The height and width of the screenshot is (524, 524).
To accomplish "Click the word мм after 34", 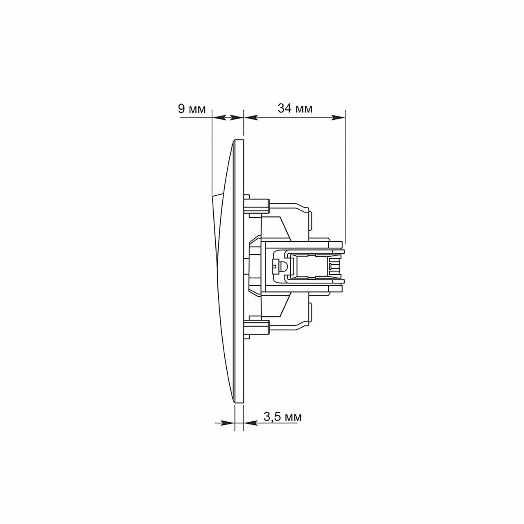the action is pyautogui.click(x=304, y=110).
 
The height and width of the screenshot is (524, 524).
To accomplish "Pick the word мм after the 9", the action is pyautogui.click(x=196, y=110).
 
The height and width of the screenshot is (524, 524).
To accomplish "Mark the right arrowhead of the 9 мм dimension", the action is pyautogui.click(x=237, y=117).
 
